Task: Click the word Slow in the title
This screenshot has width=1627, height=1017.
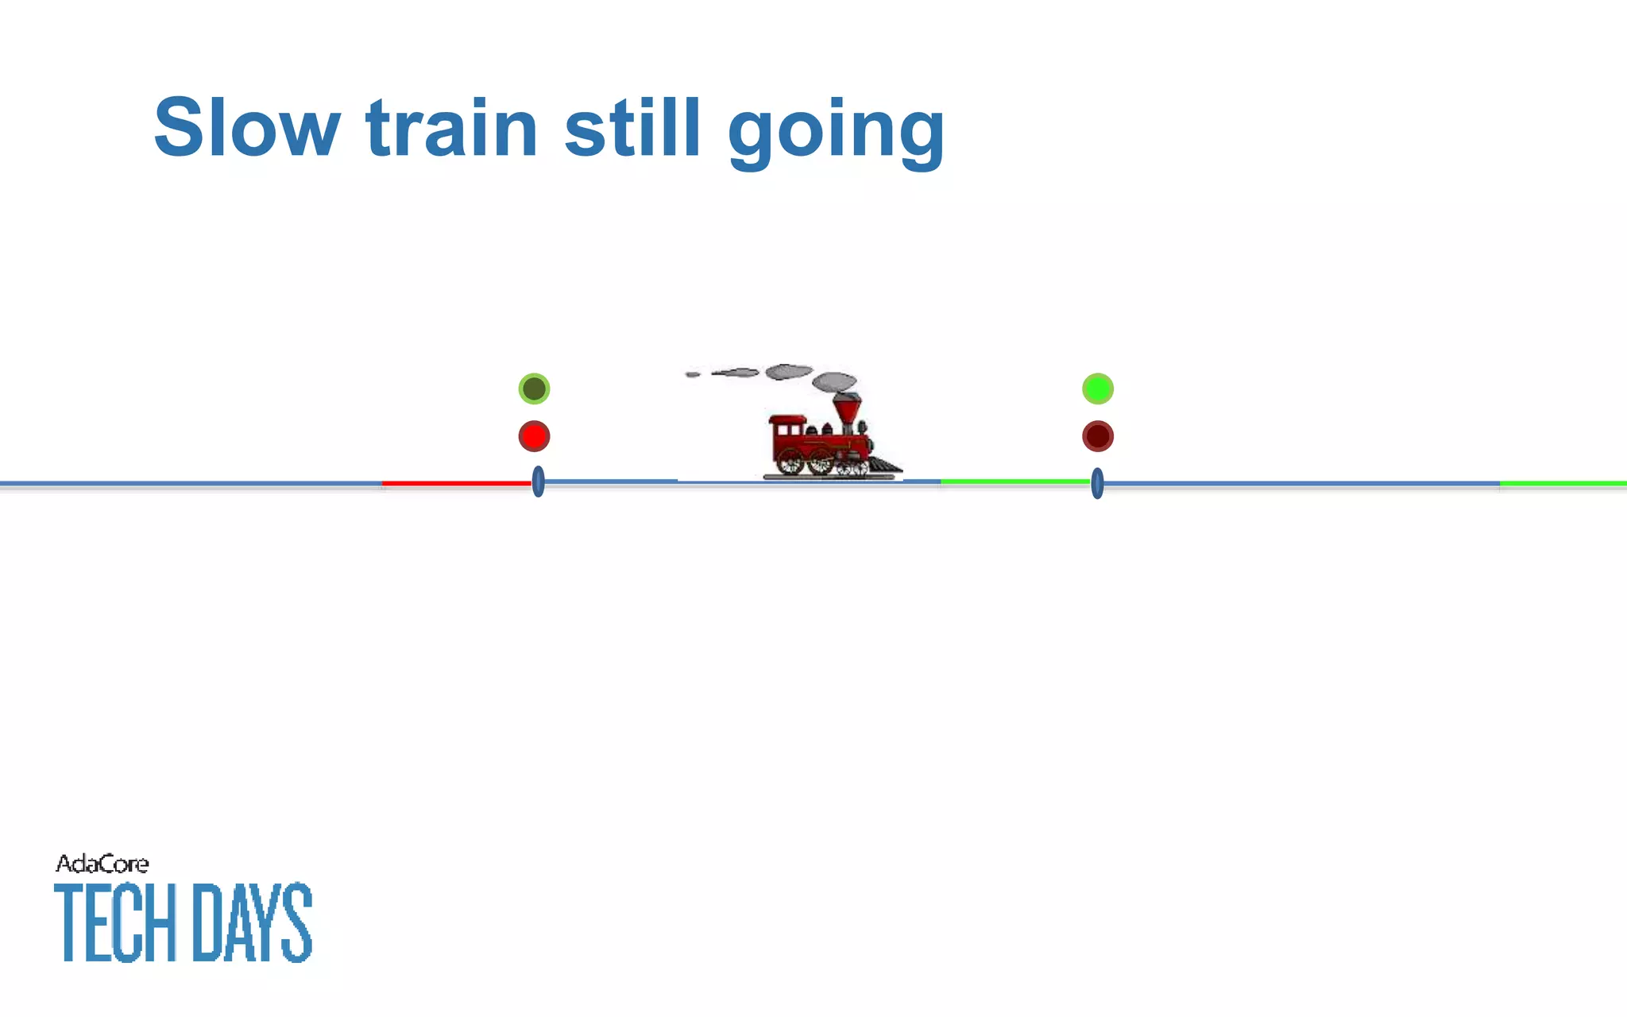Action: [x=247, y=129]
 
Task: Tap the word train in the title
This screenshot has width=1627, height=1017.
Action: [x=452, y=129]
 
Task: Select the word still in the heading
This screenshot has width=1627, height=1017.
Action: [x=633, y=129]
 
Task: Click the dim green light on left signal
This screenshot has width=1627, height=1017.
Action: [x=534, y=389]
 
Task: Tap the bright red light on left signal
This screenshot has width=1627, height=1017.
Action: [x=534, y=436]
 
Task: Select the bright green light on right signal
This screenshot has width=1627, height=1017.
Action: [x=1098, y=389]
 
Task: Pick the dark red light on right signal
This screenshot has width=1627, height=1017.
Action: [x=1098, y=436]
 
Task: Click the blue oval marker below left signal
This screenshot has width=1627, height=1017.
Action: [x=538, y=482]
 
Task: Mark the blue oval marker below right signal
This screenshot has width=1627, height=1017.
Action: [x=1097, y=483]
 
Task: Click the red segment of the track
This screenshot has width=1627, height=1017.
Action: [x=456, y=483]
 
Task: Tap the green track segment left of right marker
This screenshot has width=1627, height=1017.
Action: [x=1014, y=481]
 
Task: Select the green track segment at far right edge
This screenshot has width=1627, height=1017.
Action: [x=1563, y=483]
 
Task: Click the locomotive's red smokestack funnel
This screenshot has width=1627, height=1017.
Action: [x=847, y=408]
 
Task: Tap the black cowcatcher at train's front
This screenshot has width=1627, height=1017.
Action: [x=886, y=465]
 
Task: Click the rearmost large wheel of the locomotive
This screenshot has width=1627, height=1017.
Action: [x=790, y=461]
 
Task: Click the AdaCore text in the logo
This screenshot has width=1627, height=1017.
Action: [x=102, y=864]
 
